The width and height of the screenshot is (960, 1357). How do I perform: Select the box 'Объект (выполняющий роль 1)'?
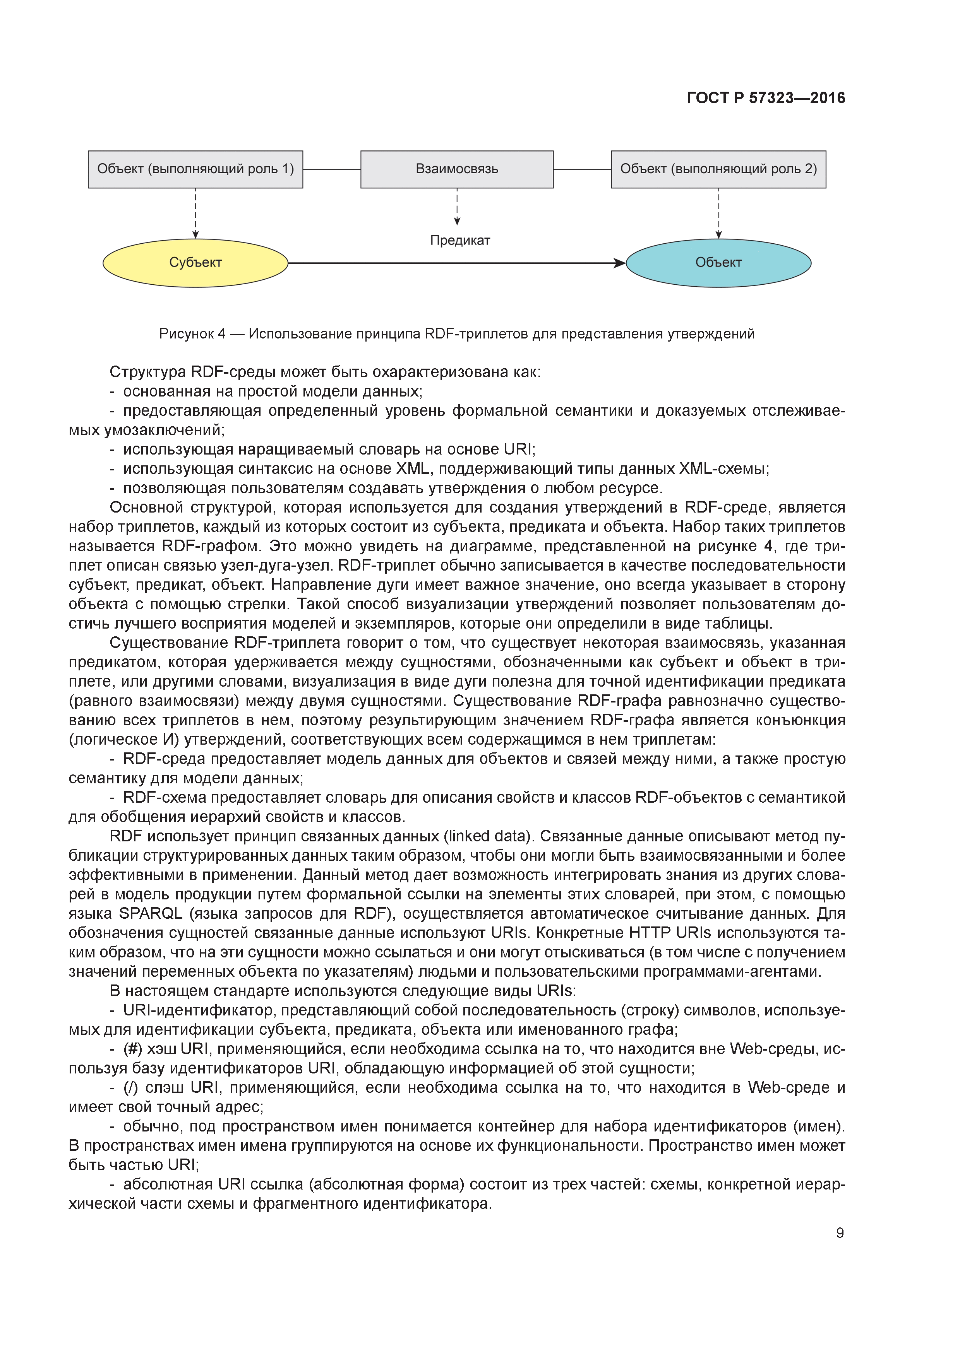195,169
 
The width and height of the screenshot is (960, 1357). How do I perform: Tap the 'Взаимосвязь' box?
457,169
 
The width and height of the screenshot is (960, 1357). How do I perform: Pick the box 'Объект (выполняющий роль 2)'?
718,169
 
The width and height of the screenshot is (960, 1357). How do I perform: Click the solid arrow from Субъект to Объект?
456,263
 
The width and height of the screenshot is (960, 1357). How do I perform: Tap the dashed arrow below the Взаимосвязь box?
457,207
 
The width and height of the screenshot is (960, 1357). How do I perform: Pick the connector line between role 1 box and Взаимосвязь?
331,169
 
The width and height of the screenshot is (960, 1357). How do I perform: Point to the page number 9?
839,1233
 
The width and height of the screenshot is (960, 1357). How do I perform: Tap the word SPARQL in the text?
150,914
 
